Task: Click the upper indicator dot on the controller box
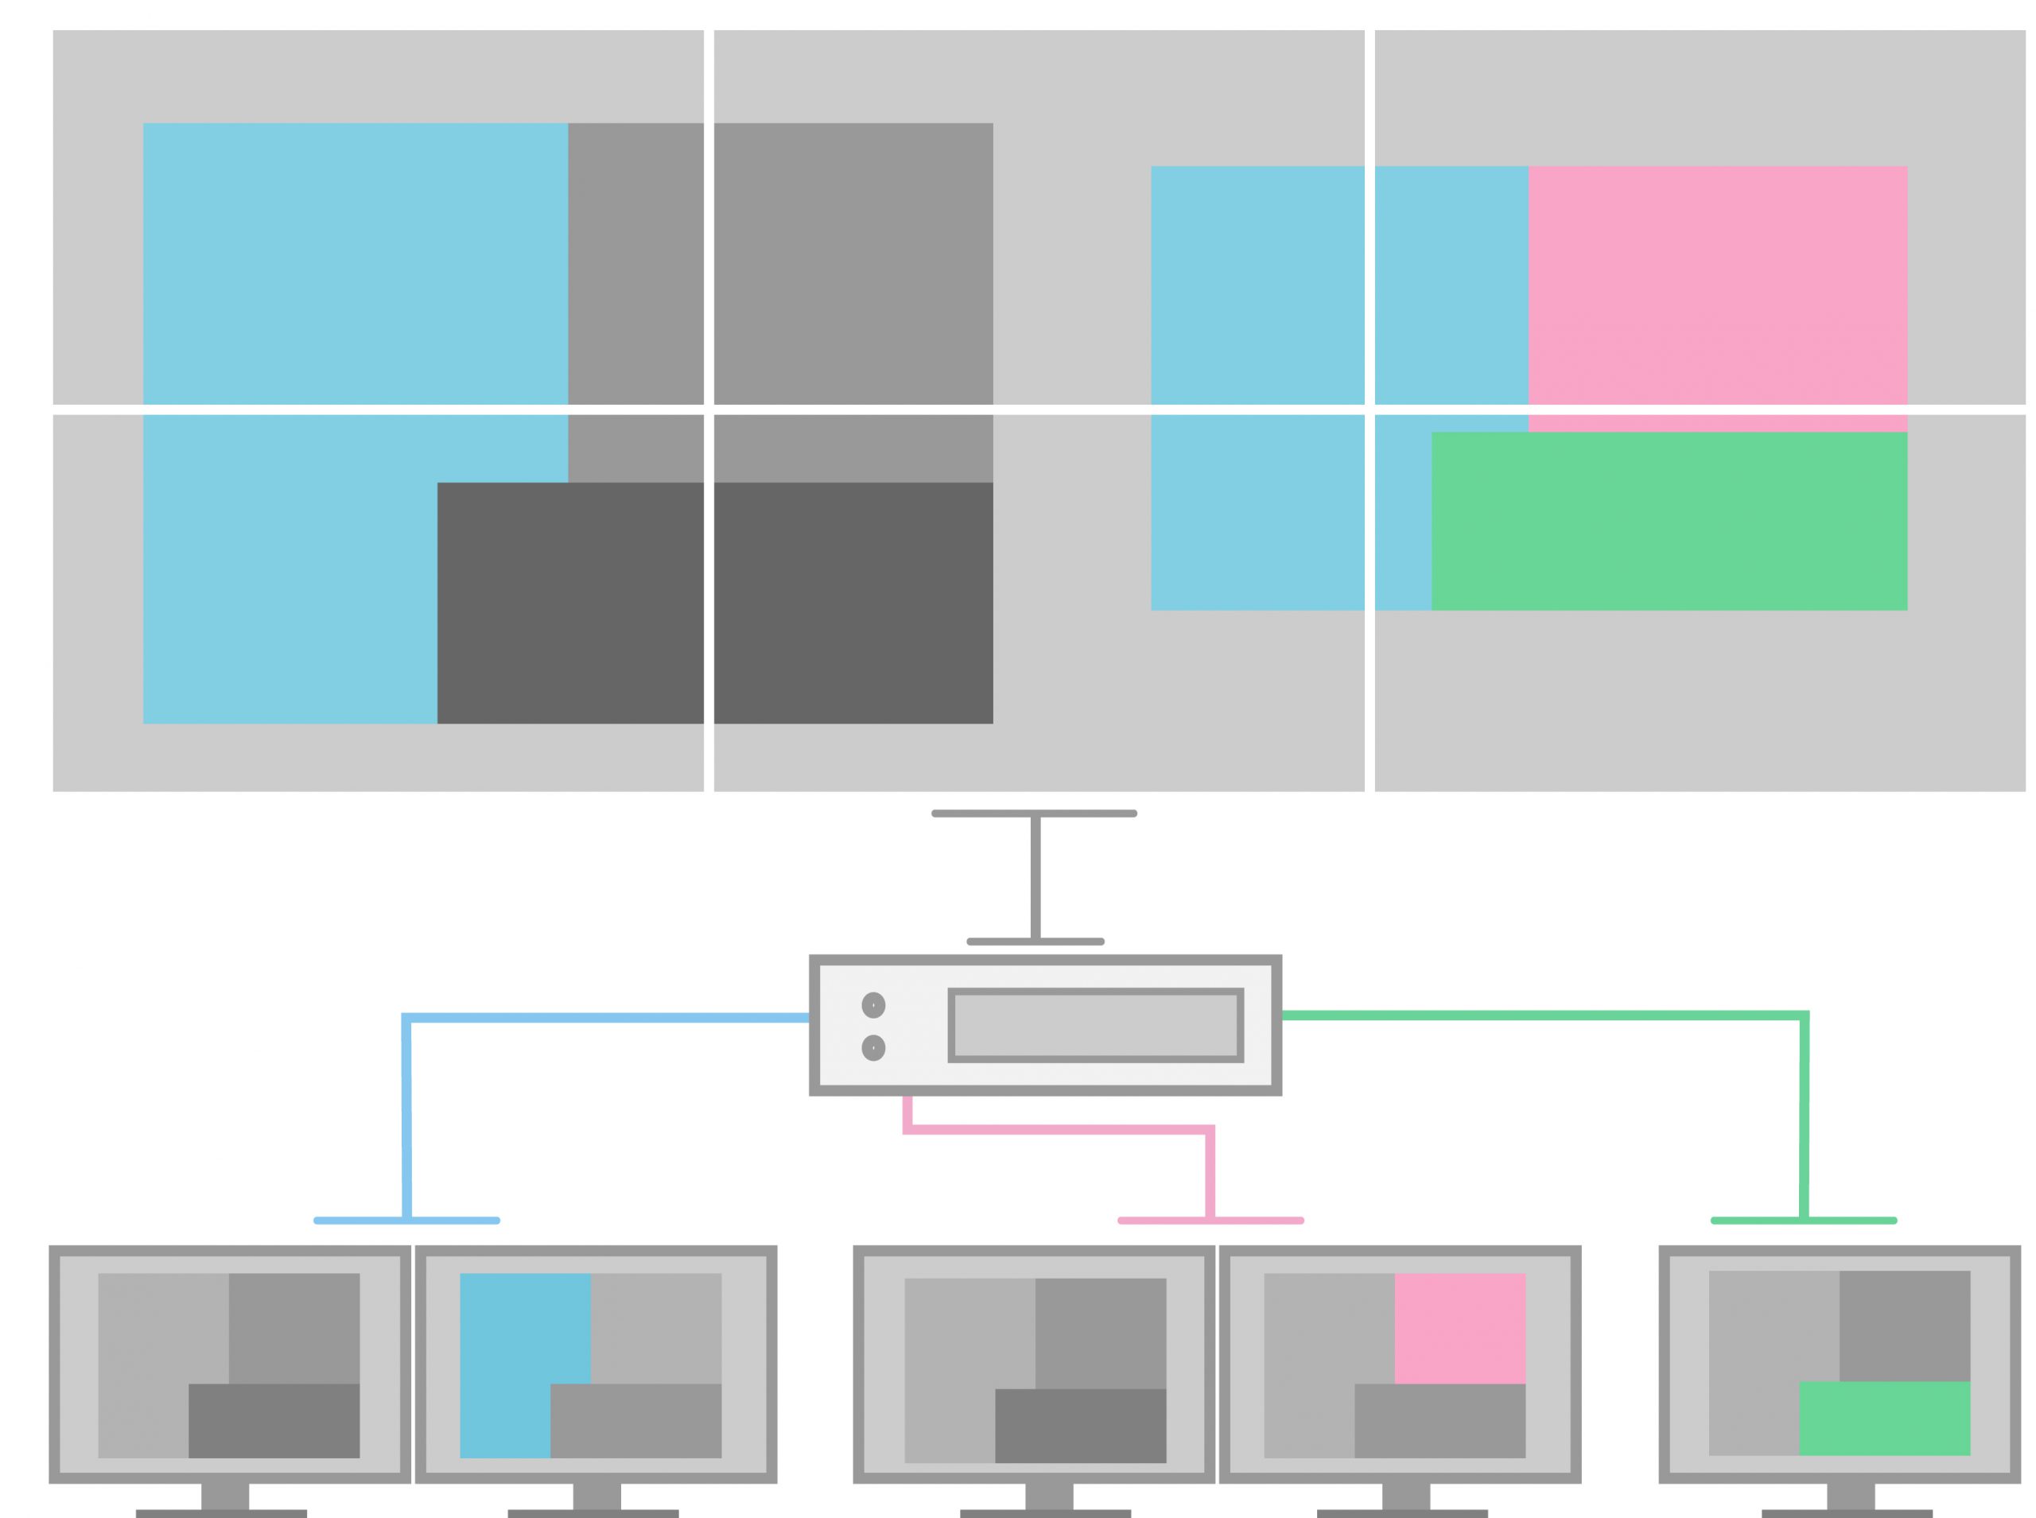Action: (872, 1005)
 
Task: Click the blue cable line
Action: (606, 1017)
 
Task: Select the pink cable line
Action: (1057, 1129)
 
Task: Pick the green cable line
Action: (1544, 1015)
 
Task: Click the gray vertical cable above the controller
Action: (1035, 878)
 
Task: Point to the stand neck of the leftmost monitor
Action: (224, 1495)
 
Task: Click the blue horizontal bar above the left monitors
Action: (406, 1221)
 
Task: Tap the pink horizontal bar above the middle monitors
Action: (1210, 1221)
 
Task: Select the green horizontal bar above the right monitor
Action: (1804, 1221)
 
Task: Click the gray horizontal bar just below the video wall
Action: (1034, 813)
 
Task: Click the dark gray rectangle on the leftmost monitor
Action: (273, 1419)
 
